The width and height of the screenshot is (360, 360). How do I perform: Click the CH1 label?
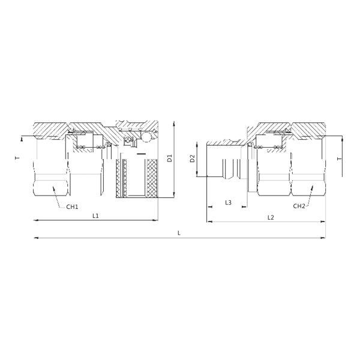(72, 206)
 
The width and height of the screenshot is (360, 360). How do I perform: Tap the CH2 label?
(299, 206)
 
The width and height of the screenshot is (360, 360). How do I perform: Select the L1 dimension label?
(95, 215)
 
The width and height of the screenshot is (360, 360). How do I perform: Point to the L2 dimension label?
(271, 217)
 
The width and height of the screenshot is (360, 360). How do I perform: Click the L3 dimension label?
(228, 203)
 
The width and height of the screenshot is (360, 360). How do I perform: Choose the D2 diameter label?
(192, 159)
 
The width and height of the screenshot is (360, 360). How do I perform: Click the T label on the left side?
(17, 159)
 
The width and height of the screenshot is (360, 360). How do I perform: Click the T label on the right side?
(340, 159)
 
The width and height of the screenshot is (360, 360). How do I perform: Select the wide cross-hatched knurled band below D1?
(152, 179)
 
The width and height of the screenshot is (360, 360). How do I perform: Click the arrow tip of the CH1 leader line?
(53, 187)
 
